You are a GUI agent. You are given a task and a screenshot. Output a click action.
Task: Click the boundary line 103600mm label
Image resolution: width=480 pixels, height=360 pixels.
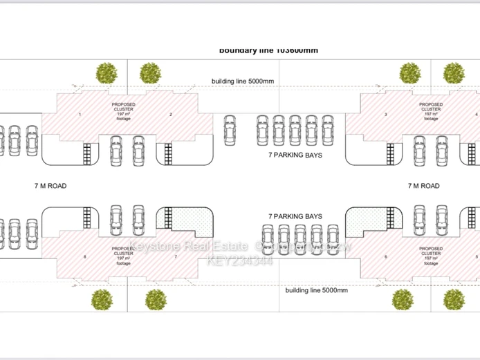[268, 50]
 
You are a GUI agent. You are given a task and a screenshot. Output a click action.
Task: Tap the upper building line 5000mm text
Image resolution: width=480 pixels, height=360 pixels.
[242, 82]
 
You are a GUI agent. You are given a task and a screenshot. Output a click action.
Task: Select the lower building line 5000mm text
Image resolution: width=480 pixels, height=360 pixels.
[316, 290]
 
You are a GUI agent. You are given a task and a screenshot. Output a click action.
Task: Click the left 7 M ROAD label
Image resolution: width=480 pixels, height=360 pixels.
[50, 186]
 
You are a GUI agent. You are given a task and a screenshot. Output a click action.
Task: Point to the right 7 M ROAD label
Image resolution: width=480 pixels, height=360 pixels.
[423, 186]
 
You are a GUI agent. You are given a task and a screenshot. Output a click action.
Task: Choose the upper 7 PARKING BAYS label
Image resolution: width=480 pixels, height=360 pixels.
[295, 155]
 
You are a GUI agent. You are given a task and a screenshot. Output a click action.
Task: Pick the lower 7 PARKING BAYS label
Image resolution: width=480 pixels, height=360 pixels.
[295, 216]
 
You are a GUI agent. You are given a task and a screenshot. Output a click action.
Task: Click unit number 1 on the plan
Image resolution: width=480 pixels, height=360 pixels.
[80, 113]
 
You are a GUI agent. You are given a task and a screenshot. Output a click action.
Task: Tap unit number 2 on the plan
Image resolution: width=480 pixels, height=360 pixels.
[171, 114]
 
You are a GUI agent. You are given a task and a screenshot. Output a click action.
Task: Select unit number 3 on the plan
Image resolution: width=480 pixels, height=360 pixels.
[385, 114]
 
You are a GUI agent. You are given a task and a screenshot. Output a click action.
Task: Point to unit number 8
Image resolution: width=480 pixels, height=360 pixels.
[85, 257]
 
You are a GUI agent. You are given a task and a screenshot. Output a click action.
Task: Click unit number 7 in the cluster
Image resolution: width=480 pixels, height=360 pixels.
[176, 257]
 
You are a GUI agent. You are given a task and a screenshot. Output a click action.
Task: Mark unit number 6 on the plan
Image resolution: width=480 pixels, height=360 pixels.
[385, 257]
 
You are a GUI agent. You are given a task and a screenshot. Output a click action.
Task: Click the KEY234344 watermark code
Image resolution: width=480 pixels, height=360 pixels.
[240, 260]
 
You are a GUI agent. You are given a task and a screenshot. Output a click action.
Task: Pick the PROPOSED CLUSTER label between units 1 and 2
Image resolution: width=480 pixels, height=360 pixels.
[124, 111]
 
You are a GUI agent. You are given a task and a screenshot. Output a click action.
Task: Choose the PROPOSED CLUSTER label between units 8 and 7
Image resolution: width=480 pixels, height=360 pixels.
[124, 253]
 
